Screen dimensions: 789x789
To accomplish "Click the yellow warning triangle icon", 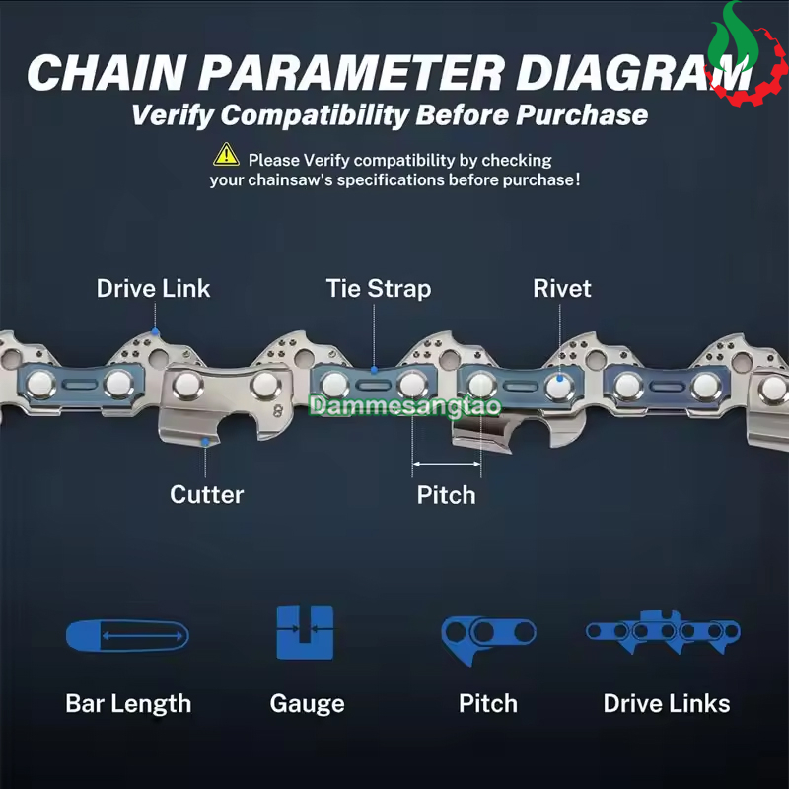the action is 226,155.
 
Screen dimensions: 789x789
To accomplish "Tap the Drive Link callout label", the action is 153,289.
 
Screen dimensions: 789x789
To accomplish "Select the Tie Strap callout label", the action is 379,289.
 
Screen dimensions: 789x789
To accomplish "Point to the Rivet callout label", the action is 561,289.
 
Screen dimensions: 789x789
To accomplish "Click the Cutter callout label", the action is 207,495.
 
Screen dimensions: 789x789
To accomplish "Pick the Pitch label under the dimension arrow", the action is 447,495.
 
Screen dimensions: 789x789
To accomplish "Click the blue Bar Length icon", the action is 127,635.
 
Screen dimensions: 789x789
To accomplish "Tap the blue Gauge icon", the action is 305,632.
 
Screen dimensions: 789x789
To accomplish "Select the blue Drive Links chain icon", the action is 663,632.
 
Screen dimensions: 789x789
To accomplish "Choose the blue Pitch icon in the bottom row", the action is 487,638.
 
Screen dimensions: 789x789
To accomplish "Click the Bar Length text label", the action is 128,704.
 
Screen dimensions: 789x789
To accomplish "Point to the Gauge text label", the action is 307,704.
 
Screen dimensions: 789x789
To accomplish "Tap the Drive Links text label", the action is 667,703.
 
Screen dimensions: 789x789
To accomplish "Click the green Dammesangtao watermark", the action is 405,406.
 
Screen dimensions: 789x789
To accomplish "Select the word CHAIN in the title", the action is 108,72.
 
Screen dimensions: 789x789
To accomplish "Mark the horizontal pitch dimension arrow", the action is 447,464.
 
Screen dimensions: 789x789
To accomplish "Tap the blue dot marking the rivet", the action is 559,379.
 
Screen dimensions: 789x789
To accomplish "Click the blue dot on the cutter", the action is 205,442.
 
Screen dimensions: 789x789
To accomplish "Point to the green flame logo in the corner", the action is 733,37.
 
